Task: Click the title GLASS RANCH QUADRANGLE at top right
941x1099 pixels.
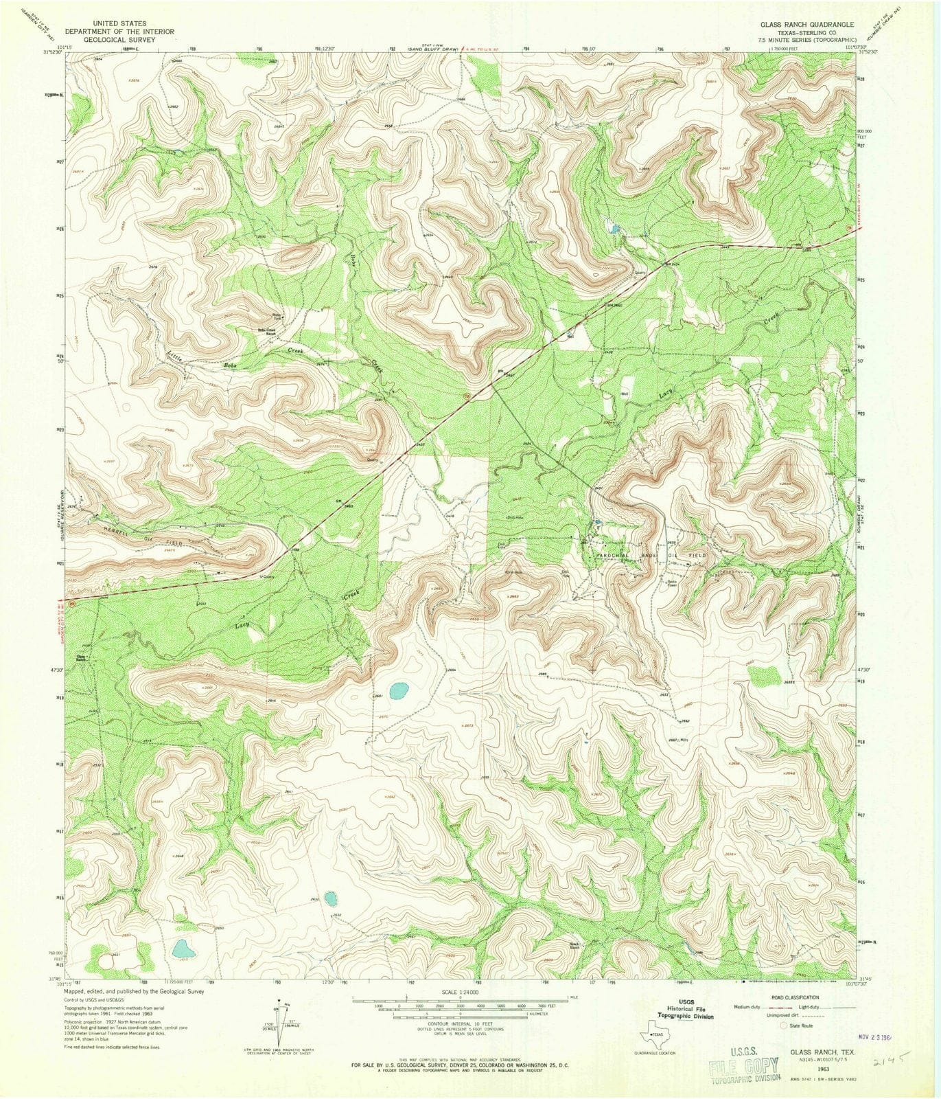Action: point(806,23)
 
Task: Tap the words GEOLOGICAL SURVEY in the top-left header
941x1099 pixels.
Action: point(120,40)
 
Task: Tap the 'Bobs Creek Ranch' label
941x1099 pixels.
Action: point(266,330)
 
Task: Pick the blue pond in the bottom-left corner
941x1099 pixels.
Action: point(183,949)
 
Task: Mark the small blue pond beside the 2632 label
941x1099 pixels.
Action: point(331,898)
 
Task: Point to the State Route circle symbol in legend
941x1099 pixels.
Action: point(784,1026)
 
